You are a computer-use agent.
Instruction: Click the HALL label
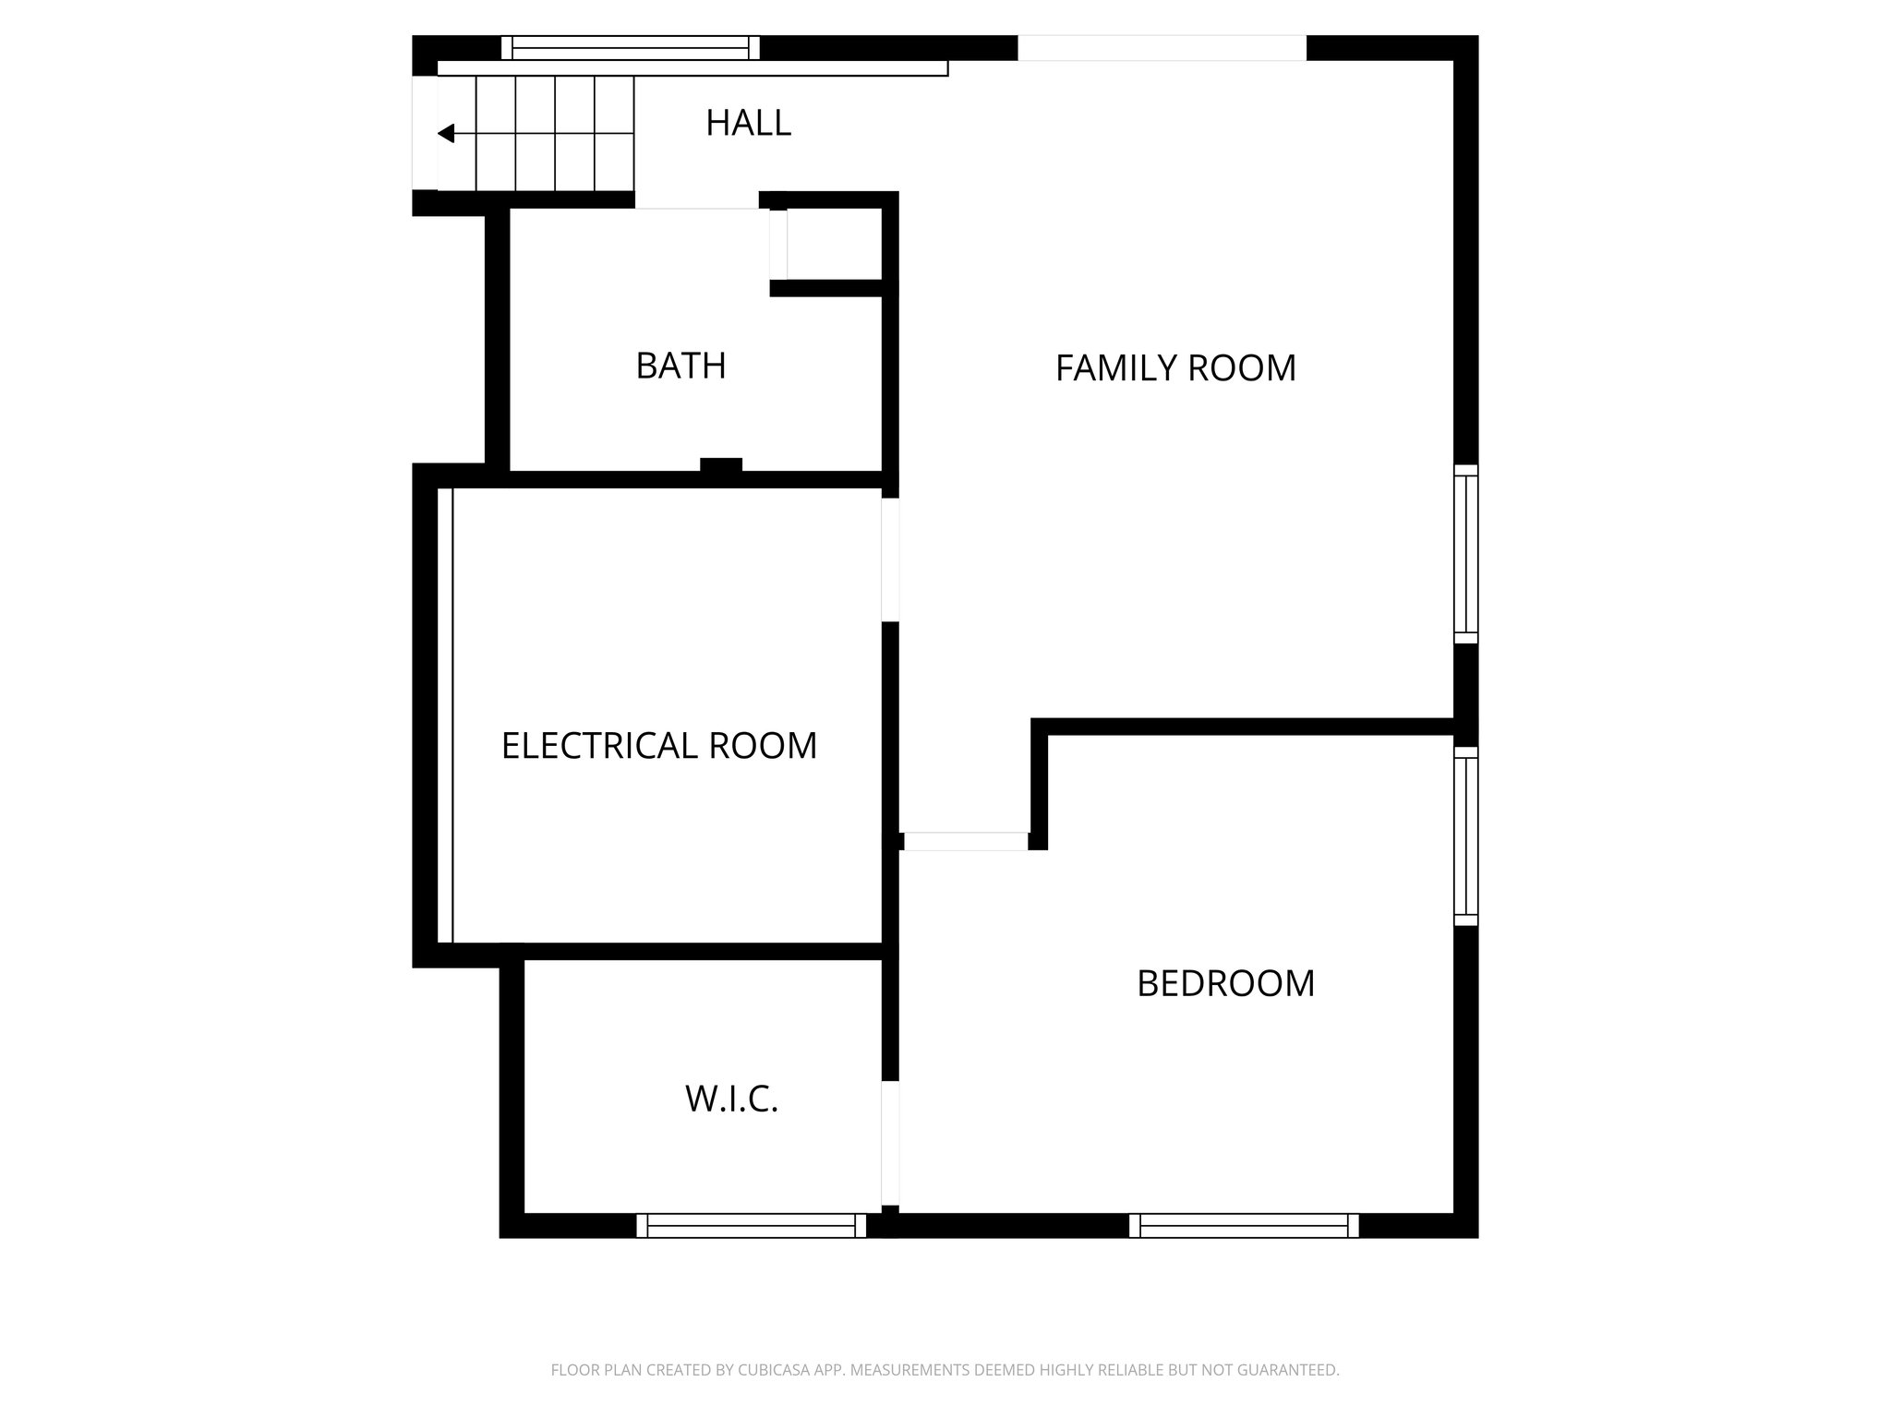(x=748, y=123)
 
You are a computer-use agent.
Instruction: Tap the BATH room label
(x=681, y=367)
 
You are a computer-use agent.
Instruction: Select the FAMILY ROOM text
(x=1175, y=368)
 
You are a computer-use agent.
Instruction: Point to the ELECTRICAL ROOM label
(x=659, y=746)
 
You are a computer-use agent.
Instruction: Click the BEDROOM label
(x=1225, y=984)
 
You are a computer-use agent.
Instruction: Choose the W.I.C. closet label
(x=731, y=1100)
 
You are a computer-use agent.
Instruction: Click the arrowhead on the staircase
(x=447, y=134)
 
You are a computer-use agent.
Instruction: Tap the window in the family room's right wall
(x=1465, y=554)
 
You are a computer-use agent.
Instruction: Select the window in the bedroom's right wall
(x=1465, y=835)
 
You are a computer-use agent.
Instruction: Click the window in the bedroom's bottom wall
(x=1244, y=1226)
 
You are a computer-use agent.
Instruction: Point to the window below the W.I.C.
(x=752, y=1226)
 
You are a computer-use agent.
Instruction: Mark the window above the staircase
(x=631, y=47)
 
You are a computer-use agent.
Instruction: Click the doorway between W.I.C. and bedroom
(x=890, y=1143)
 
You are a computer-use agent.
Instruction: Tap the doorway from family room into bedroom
(x=965, y=841)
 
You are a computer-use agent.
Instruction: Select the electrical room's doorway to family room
(x=890, y=559)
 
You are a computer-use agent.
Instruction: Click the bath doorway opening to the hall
(x=697, y=201)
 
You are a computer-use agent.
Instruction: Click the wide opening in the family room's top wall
(x=1162, y=48)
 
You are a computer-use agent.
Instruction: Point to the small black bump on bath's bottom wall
(x=720, y=465)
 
